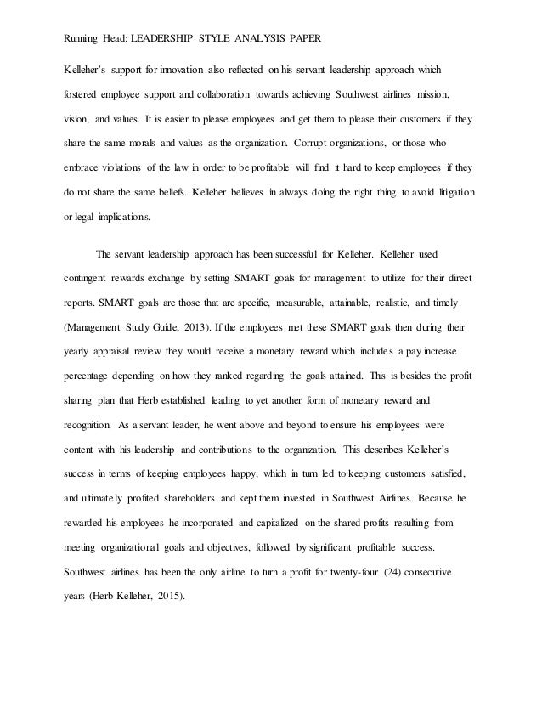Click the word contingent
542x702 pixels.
coord(88,277)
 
